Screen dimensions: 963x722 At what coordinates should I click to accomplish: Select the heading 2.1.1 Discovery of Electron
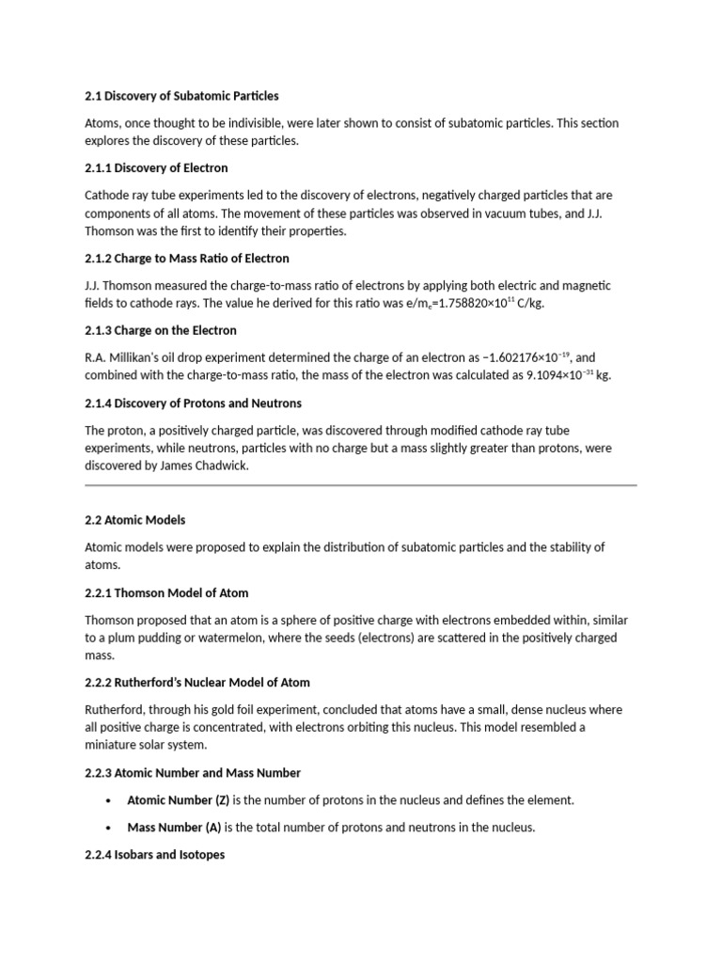click(156, 168)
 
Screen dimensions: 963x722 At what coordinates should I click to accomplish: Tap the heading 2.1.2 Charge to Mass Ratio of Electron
click(187, 258)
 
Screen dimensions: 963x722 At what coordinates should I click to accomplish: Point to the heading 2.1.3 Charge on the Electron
click(161, 330)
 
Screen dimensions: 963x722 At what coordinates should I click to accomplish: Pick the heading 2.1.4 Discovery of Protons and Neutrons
click(193, 403)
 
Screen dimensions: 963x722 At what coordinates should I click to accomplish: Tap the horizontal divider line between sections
click(361, 485)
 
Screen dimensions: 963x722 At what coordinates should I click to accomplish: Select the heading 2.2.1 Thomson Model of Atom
click(166, 593)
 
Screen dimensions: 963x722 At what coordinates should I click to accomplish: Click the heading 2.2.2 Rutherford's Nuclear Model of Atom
click(197, 682)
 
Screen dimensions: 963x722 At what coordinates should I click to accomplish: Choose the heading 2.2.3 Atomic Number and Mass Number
click(193, 773)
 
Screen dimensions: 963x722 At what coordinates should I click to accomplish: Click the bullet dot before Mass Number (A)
click(109, 828)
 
